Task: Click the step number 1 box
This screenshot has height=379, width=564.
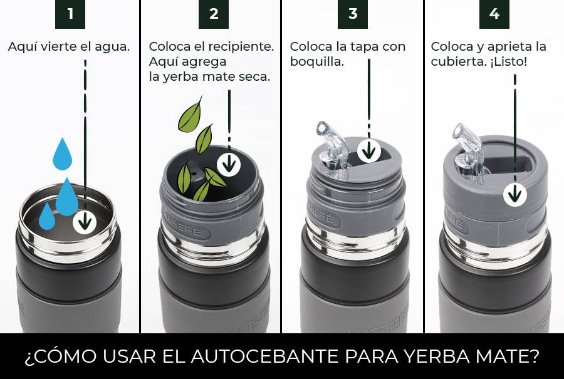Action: [x=70, y=14]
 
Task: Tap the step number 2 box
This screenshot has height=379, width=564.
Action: [x=213, y=14]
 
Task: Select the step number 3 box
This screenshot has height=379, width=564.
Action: [x=352, y=14]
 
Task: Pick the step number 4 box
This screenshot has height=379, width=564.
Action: [x=494, y=14]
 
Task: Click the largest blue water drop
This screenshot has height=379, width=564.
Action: [x=67, y=197]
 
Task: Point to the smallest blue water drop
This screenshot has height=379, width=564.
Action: [x=47, y=217]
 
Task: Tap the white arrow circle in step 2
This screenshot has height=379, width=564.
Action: [x=229, y=164]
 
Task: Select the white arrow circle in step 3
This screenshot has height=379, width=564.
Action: [x=370, y=150]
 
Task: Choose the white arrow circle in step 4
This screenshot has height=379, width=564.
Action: [x=515, y=195]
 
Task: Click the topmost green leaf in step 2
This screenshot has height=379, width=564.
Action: [x=190, y=114]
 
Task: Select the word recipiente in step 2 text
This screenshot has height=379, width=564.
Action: [x=241, y=47]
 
